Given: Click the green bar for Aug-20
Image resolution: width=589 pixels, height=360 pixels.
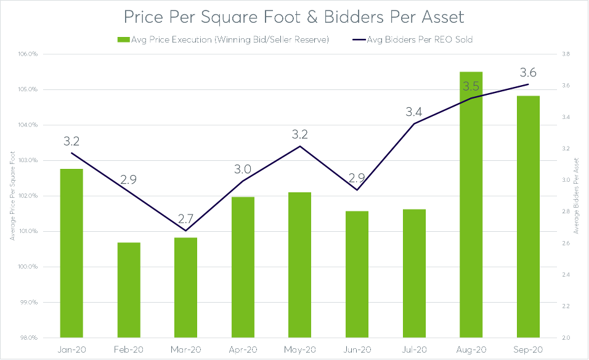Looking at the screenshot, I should [x=471, y=205].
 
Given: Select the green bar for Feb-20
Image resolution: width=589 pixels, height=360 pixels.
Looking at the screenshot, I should [x=129, y=290].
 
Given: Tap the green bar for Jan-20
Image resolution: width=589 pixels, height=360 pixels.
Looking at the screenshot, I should [x=71, y=253].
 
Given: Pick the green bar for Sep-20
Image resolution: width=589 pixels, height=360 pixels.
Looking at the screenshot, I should [x=528, y=216].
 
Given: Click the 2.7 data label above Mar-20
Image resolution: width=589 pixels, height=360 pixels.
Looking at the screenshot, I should [x=185, y=218].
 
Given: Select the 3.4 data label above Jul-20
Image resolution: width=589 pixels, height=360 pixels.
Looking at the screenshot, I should [x=413, y=112].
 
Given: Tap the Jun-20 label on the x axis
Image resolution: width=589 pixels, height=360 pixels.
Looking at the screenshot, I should [x=357, y=349].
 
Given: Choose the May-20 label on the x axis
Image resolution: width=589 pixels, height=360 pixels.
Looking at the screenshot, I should [x=299, y=349].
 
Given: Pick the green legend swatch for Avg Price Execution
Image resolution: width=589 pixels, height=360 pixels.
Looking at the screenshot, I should [x=121, y=40].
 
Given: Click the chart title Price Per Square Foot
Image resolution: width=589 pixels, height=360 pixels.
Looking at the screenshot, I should [x=294, y=16].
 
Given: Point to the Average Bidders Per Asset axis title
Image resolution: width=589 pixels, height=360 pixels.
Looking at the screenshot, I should [x=577, y=196].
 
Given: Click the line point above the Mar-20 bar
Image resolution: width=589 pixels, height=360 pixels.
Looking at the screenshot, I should [x=185, y=231].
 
